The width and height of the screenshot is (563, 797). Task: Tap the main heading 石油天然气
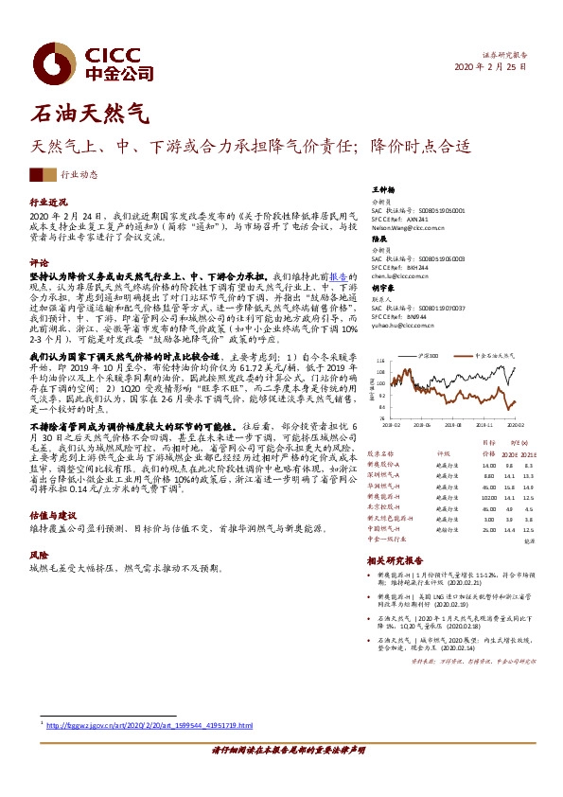(91, 115)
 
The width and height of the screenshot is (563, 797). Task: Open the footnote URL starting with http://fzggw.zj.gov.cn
(151, 725)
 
